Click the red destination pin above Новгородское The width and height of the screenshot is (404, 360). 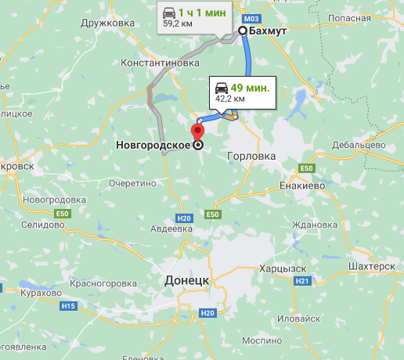click(x=197, y=130)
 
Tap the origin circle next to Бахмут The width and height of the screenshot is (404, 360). click(x=242, y=31)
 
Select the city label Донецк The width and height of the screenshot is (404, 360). click(x=186, y=279)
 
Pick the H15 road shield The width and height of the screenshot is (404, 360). click(x=69, y=305)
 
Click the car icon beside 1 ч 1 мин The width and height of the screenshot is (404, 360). click(x=168, y=12)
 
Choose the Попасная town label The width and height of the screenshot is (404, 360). click(x=349, y=16)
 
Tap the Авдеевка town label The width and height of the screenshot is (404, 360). click(x=171, y=229)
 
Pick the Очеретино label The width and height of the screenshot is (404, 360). click(x=132, y=183)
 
